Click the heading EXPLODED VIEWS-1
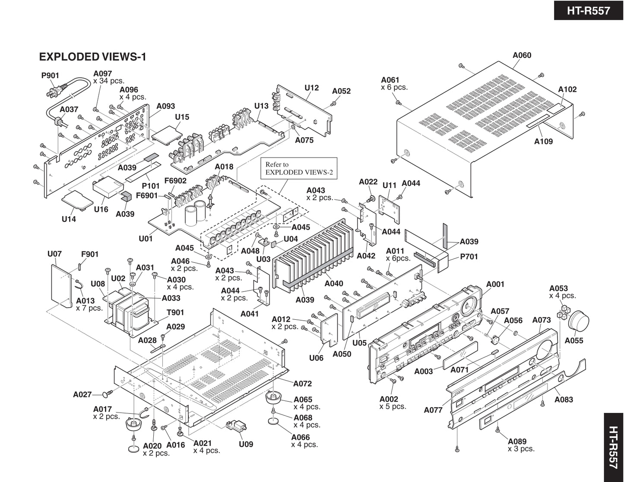pyautogui.click(x=92, y=57)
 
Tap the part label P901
pyautogui.click(x=50, y=76)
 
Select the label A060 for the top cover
pyautogui.click(x=522, y=55)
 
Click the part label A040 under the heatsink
pyautogui.click(x=334, y=284)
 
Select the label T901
pyautogui.click(x=175, y=312)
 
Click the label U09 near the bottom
pyautogui.click(x=246, y=444)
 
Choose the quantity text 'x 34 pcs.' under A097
pyautogui.click(x=109, y=81)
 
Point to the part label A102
pyautogui.click(x=567, y=89)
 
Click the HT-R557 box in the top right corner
pyautogui.click(x=588, y=10)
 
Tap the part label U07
pyautogui.click(x=54, y=254)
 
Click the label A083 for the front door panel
pyautogui.click(x=564, y=400)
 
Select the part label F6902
pyautogui.click(x=175, y=181)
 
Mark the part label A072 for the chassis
pyautogui.click(x=302, y=384)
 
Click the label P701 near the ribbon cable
pyautogui.click(x=469, y=257)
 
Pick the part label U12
pyautogui.click(x=311, y=88)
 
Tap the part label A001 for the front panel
pyautogui.click(x=495, y=284)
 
